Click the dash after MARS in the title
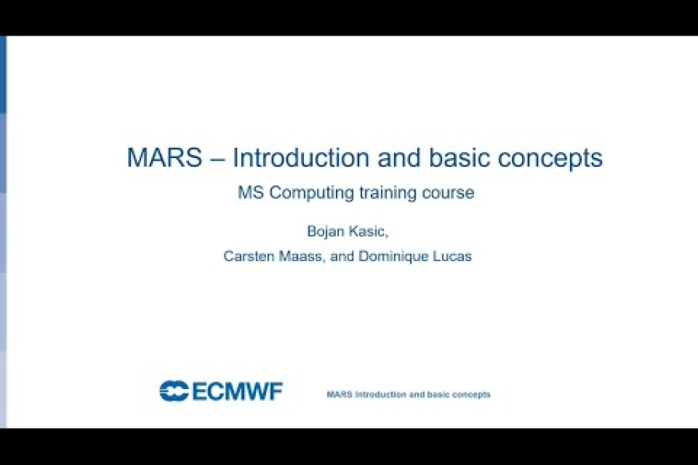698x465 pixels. pos(218,158)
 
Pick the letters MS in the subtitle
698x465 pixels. pos(250,193)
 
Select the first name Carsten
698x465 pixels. pos(248,257)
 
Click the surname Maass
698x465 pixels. pos(303,257)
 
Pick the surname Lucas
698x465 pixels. pos(451,257)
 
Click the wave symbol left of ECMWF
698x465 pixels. pos(174,391)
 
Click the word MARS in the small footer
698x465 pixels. pos(340,394)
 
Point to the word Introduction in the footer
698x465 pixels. pos(379,394)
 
